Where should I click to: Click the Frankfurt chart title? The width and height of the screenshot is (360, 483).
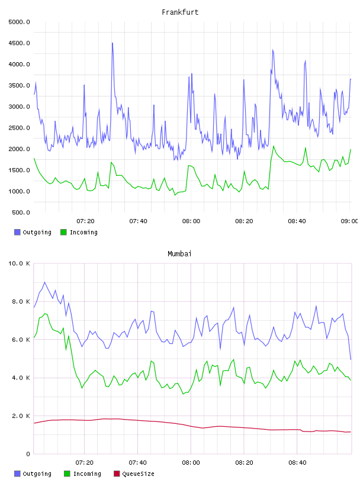click(180, 12)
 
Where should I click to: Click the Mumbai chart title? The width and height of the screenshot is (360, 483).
click(179, 254)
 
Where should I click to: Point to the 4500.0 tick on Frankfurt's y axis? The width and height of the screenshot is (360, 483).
click(19, 43)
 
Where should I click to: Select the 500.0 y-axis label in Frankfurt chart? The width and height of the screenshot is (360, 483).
click(21, 212)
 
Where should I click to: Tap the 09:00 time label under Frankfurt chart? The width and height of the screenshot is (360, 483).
click(349, 221)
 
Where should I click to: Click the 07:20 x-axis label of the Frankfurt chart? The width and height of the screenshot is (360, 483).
click(85, 221)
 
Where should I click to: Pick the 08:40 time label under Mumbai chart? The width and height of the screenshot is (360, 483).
click(297, 463)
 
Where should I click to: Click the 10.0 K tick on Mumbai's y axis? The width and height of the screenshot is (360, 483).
click(19, 263)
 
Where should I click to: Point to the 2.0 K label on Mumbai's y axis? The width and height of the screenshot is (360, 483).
click(21, 416)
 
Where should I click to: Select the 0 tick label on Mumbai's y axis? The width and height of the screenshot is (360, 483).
click(28, 454)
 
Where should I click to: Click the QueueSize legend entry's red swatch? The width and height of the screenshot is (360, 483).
click(117, 474)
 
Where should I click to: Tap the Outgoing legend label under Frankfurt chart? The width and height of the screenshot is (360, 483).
click(37, 232)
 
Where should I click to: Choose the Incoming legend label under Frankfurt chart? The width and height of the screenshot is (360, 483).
click(83, 232)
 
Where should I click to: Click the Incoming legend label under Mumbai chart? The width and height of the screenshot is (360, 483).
click(87, 474)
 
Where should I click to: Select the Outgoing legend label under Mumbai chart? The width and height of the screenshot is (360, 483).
click(37, 474)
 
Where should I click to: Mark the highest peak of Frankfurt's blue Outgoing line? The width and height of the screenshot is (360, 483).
click(112, 43)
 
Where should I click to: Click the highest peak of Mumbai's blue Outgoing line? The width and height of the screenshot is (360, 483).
click(44, 282)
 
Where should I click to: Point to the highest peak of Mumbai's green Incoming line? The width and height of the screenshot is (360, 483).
click(45, 314)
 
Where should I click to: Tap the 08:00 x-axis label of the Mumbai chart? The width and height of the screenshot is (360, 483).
click(191, 463)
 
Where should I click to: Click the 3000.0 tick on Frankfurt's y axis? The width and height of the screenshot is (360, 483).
click(19, 107)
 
